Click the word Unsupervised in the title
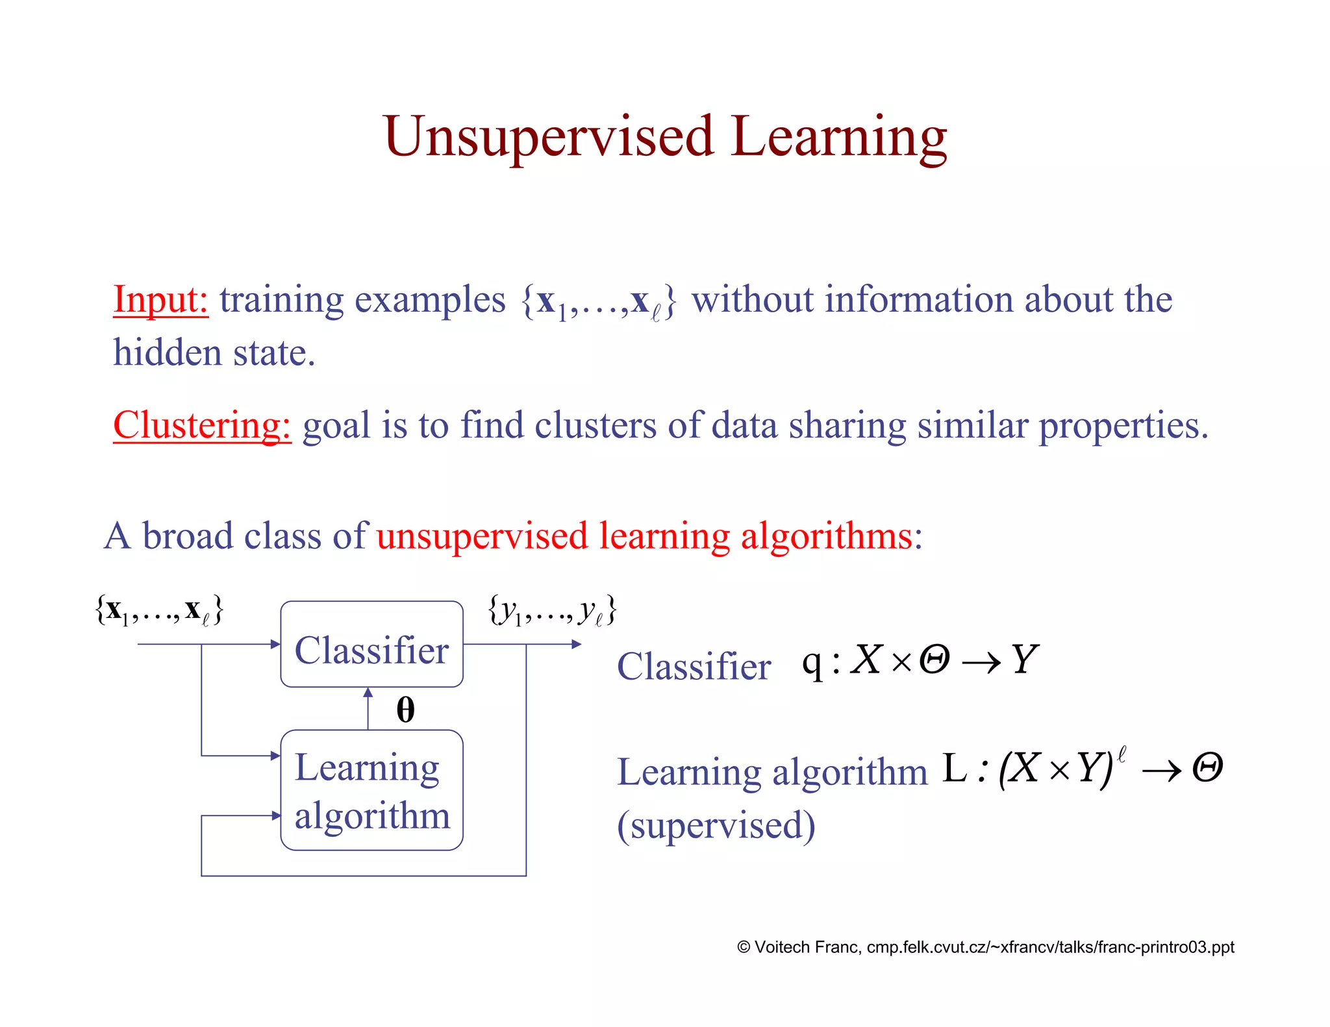tap(548, 138)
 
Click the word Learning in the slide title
tap(838, 138)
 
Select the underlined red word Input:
tap(160, 300)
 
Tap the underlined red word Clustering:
tap(202, 426)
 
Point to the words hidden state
tap(214, 353)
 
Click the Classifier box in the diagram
tap(371, 645)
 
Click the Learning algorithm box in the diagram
tap(371, 790)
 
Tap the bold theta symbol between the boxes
tap(405, 710)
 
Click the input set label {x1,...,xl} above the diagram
tap(159, 610)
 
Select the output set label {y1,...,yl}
tap(552, 611)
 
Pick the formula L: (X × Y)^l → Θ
tap(1081, 769)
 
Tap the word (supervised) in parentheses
tap(716, 826)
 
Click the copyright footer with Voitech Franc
tap(985, 947)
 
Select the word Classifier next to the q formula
tap(693, 667)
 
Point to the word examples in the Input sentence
tap(429, 301)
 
